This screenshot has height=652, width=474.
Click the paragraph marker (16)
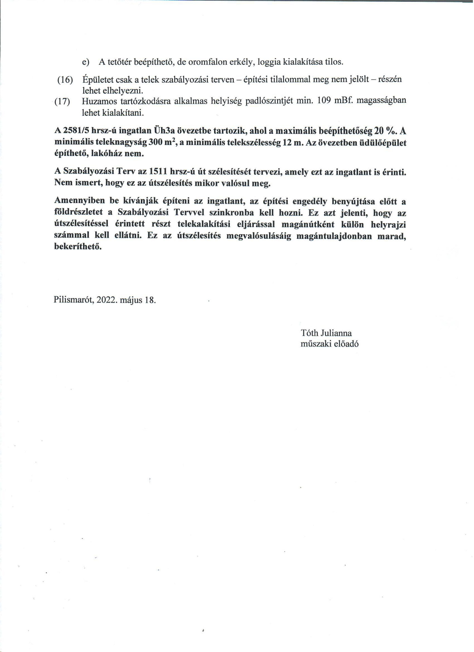click(65, 80)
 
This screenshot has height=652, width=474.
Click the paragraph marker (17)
click(62, 102)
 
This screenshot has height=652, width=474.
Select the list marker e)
click(86, 62)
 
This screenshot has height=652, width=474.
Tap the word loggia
click(269, 62)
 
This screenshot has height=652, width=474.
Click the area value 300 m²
click(162, 142)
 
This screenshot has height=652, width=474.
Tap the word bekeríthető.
click(78, 247)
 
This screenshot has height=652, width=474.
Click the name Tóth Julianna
click(326, 333)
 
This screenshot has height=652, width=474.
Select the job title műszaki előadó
click(329, 344)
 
